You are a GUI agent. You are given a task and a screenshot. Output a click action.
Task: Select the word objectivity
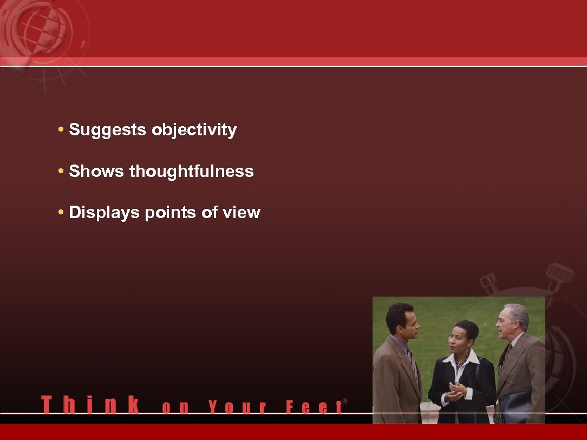point(194,130)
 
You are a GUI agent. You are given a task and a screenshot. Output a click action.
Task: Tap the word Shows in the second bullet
point(97,172)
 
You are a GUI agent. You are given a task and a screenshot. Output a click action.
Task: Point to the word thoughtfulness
point(191,172)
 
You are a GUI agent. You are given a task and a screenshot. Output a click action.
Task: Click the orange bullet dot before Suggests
point(62,130)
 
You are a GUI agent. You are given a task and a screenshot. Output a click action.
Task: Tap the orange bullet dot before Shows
point(62,172)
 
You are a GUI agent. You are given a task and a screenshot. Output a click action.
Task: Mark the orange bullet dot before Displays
point(62,213)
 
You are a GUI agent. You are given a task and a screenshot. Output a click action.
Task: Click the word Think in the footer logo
point(90,405)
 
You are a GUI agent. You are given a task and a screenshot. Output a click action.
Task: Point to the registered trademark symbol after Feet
point(345,402)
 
